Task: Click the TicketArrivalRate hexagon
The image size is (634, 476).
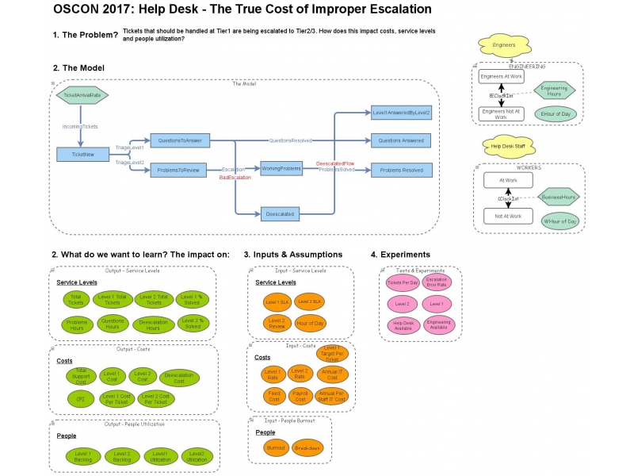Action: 82,95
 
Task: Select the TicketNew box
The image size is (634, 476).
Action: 82,155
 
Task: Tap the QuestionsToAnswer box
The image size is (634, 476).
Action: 179,140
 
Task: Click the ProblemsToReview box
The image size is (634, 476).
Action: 179,170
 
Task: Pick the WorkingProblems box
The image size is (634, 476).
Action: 282,168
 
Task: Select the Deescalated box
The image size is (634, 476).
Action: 282,213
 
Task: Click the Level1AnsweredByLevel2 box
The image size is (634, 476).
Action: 402,113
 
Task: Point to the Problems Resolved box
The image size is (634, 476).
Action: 402,170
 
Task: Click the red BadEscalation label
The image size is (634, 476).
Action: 235,178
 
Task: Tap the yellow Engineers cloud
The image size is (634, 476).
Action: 504,45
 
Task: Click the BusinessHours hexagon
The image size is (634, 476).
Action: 559,196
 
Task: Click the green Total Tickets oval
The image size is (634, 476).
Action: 76,299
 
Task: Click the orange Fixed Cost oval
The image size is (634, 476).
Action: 272,396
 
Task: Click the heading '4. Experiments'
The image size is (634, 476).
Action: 400,255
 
